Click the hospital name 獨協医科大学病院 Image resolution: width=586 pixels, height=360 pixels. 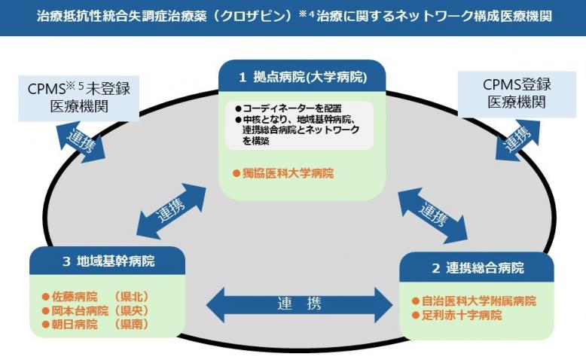(x=288, y=173)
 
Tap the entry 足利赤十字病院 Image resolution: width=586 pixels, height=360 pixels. (x=462, y=316)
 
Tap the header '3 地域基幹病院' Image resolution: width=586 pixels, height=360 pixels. (x=108, y=261)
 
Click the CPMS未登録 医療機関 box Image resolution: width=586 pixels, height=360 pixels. (x=79, y=96)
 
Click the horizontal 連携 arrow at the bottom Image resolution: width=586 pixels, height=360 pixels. (x=299, y=304)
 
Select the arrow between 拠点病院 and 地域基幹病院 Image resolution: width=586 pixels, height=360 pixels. (x=172, y=210)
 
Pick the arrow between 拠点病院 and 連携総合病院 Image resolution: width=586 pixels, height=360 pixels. (x=432, y=214)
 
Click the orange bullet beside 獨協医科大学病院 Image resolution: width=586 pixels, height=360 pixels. (x=236, y=173)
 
